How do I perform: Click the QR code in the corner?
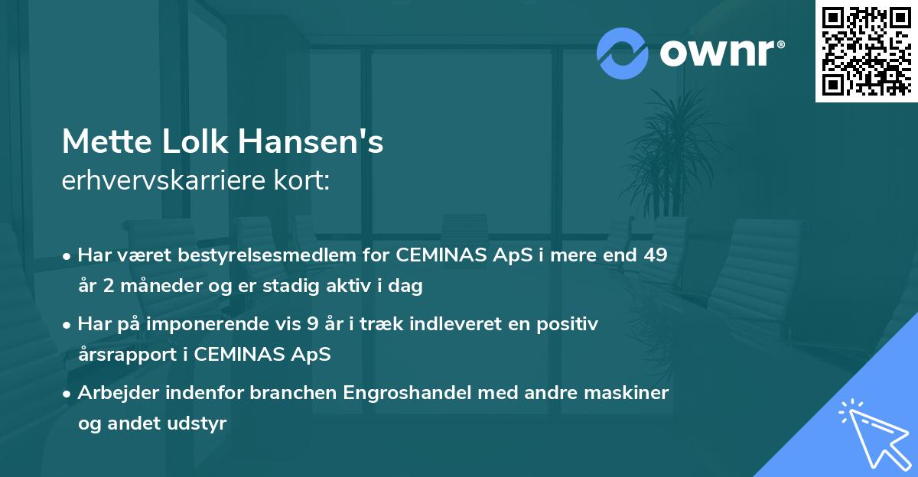[x=866, y=51]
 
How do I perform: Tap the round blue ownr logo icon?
[x=623, y=53]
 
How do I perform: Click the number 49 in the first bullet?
[x=655, y=256]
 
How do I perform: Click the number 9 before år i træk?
[x=312, y=324]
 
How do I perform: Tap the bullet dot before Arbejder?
[x=68, y=394]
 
